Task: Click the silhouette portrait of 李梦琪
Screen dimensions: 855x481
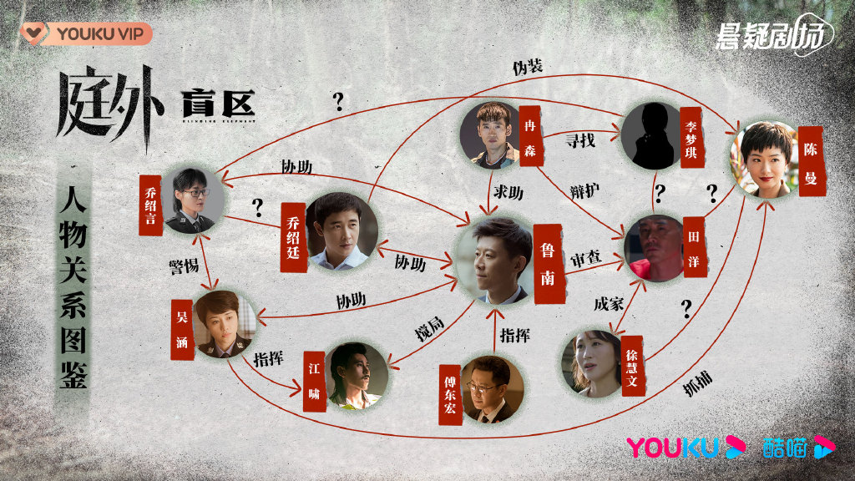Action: pos(651,136)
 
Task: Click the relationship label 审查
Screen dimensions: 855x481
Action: pos(585,260)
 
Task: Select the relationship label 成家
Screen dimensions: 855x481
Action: pos(608,304)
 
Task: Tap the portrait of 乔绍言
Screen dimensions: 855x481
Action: pos(194,200)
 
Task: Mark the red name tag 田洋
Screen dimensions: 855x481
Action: pos(693,246)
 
